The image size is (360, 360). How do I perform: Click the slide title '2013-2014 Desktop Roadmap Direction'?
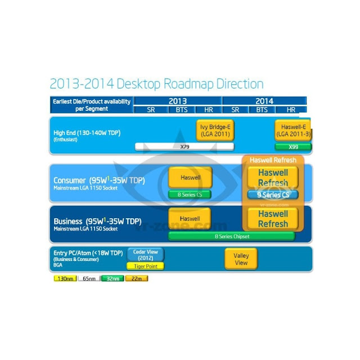[156, 84]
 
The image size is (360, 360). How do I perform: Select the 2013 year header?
[178, 101]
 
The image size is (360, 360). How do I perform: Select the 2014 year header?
[264, 101]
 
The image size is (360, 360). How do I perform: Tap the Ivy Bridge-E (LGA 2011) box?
[215, 130]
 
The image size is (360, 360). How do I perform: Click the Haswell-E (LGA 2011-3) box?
[293, 130]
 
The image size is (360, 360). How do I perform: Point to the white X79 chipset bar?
[184, 147]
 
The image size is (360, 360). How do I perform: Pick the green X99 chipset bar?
[293, 147]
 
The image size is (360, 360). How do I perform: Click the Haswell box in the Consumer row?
[190, 177]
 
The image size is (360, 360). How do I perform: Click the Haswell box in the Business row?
[190, 218]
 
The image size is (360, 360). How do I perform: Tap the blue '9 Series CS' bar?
[272, 195]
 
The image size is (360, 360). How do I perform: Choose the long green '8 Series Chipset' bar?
[232, 236]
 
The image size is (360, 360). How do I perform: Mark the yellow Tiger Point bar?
[145, 266]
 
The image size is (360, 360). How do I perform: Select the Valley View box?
[241, 259]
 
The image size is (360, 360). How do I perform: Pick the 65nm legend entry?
[88, 278]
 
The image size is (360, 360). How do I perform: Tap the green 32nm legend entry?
[111, 278]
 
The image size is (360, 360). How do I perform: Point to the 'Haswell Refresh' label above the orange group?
[272, 160]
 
